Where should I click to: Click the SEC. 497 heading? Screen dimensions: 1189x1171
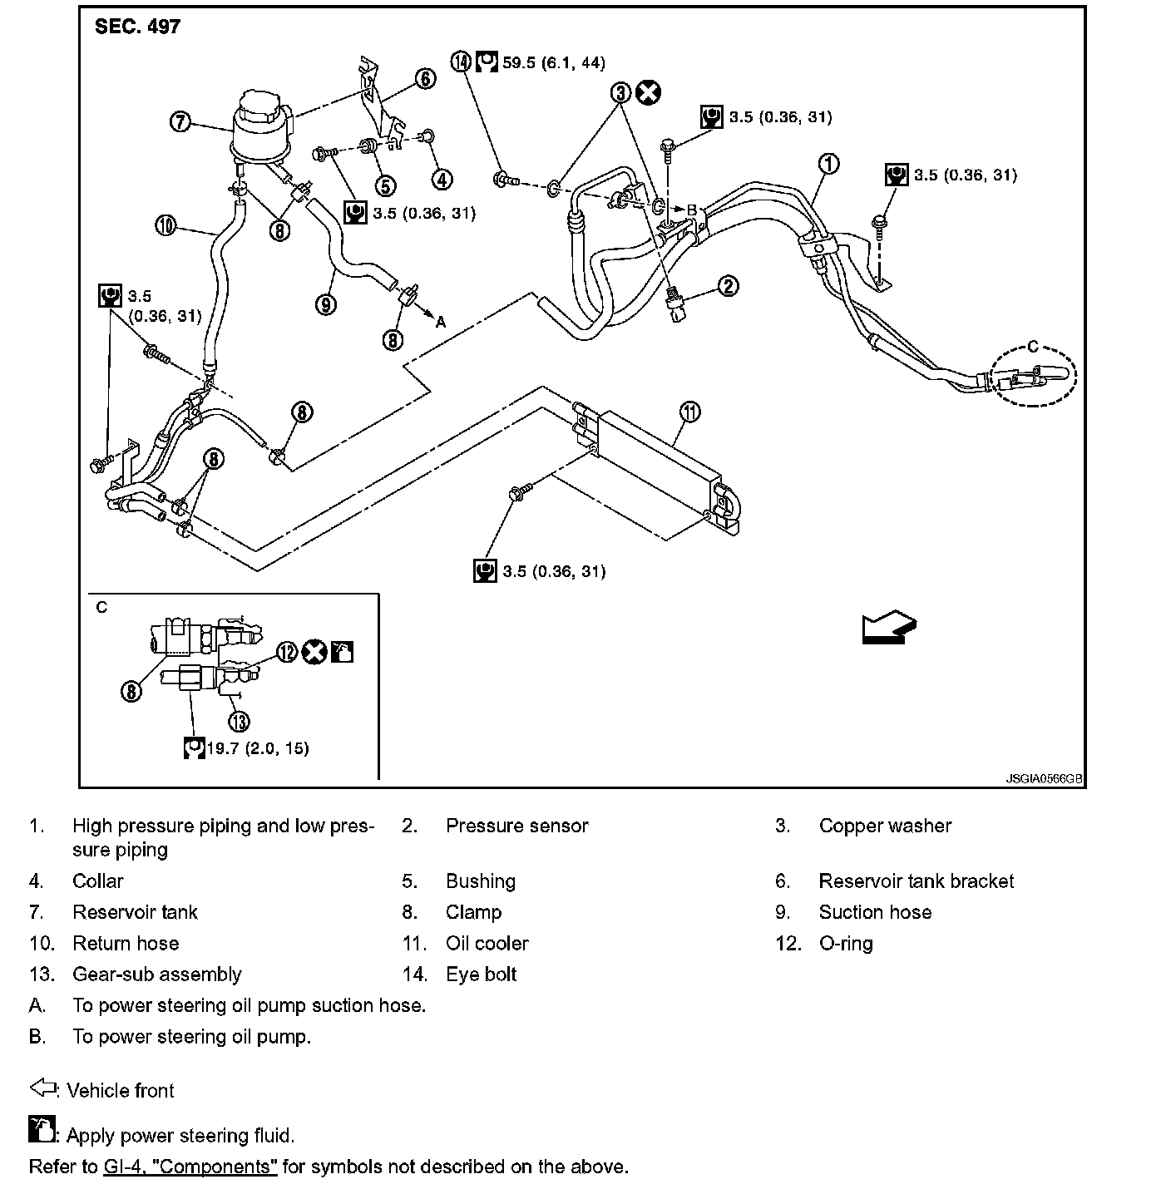137,27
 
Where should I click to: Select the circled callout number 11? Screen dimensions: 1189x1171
689,412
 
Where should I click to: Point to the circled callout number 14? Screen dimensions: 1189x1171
462,62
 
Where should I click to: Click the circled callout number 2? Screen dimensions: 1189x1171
728,286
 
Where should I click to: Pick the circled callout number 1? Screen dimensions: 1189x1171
828,164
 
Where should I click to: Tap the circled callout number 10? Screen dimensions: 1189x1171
166,224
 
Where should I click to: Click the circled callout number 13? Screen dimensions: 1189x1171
239,721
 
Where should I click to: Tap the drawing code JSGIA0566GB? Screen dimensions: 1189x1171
1044,779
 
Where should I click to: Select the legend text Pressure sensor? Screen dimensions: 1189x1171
516,826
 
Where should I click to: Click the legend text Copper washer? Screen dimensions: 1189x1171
885,826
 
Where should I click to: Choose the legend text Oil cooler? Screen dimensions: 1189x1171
487,943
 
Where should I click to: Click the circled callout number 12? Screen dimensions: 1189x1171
287,652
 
